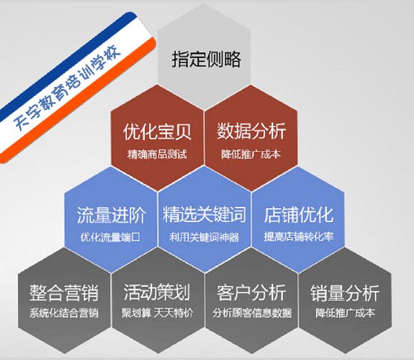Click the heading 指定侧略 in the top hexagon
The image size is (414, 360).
[206, 59]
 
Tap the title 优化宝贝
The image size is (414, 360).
[157, 132]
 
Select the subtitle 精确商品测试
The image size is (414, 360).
[157, 154]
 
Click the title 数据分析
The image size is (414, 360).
[251, 131]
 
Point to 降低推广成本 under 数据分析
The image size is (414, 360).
[251, 154]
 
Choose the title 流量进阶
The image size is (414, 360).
[111, 215]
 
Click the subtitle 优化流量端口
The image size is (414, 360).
[110, 237]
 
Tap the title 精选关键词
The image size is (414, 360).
[204, 214]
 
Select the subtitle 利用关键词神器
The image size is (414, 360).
[204, 237]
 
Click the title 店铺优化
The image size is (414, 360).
[298, 214]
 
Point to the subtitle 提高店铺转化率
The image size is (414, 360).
[298, 237]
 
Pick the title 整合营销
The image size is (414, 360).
[64, 292]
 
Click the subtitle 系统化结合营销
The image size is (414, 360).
[64, 313]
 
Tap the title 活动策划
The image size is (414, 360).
[157, 292]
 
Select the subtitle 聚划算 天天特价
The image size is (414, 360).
[157, 313]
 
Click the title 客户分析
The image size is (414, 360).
[251, 292]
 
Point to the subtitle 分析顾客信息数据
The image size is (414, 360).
[252, 313]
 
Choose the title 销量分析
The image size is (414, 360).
[345, 292]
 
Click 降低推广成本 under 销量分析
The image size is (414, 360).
[345, 313]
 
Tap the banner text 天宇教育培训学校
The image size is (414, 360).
[67, 90]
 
